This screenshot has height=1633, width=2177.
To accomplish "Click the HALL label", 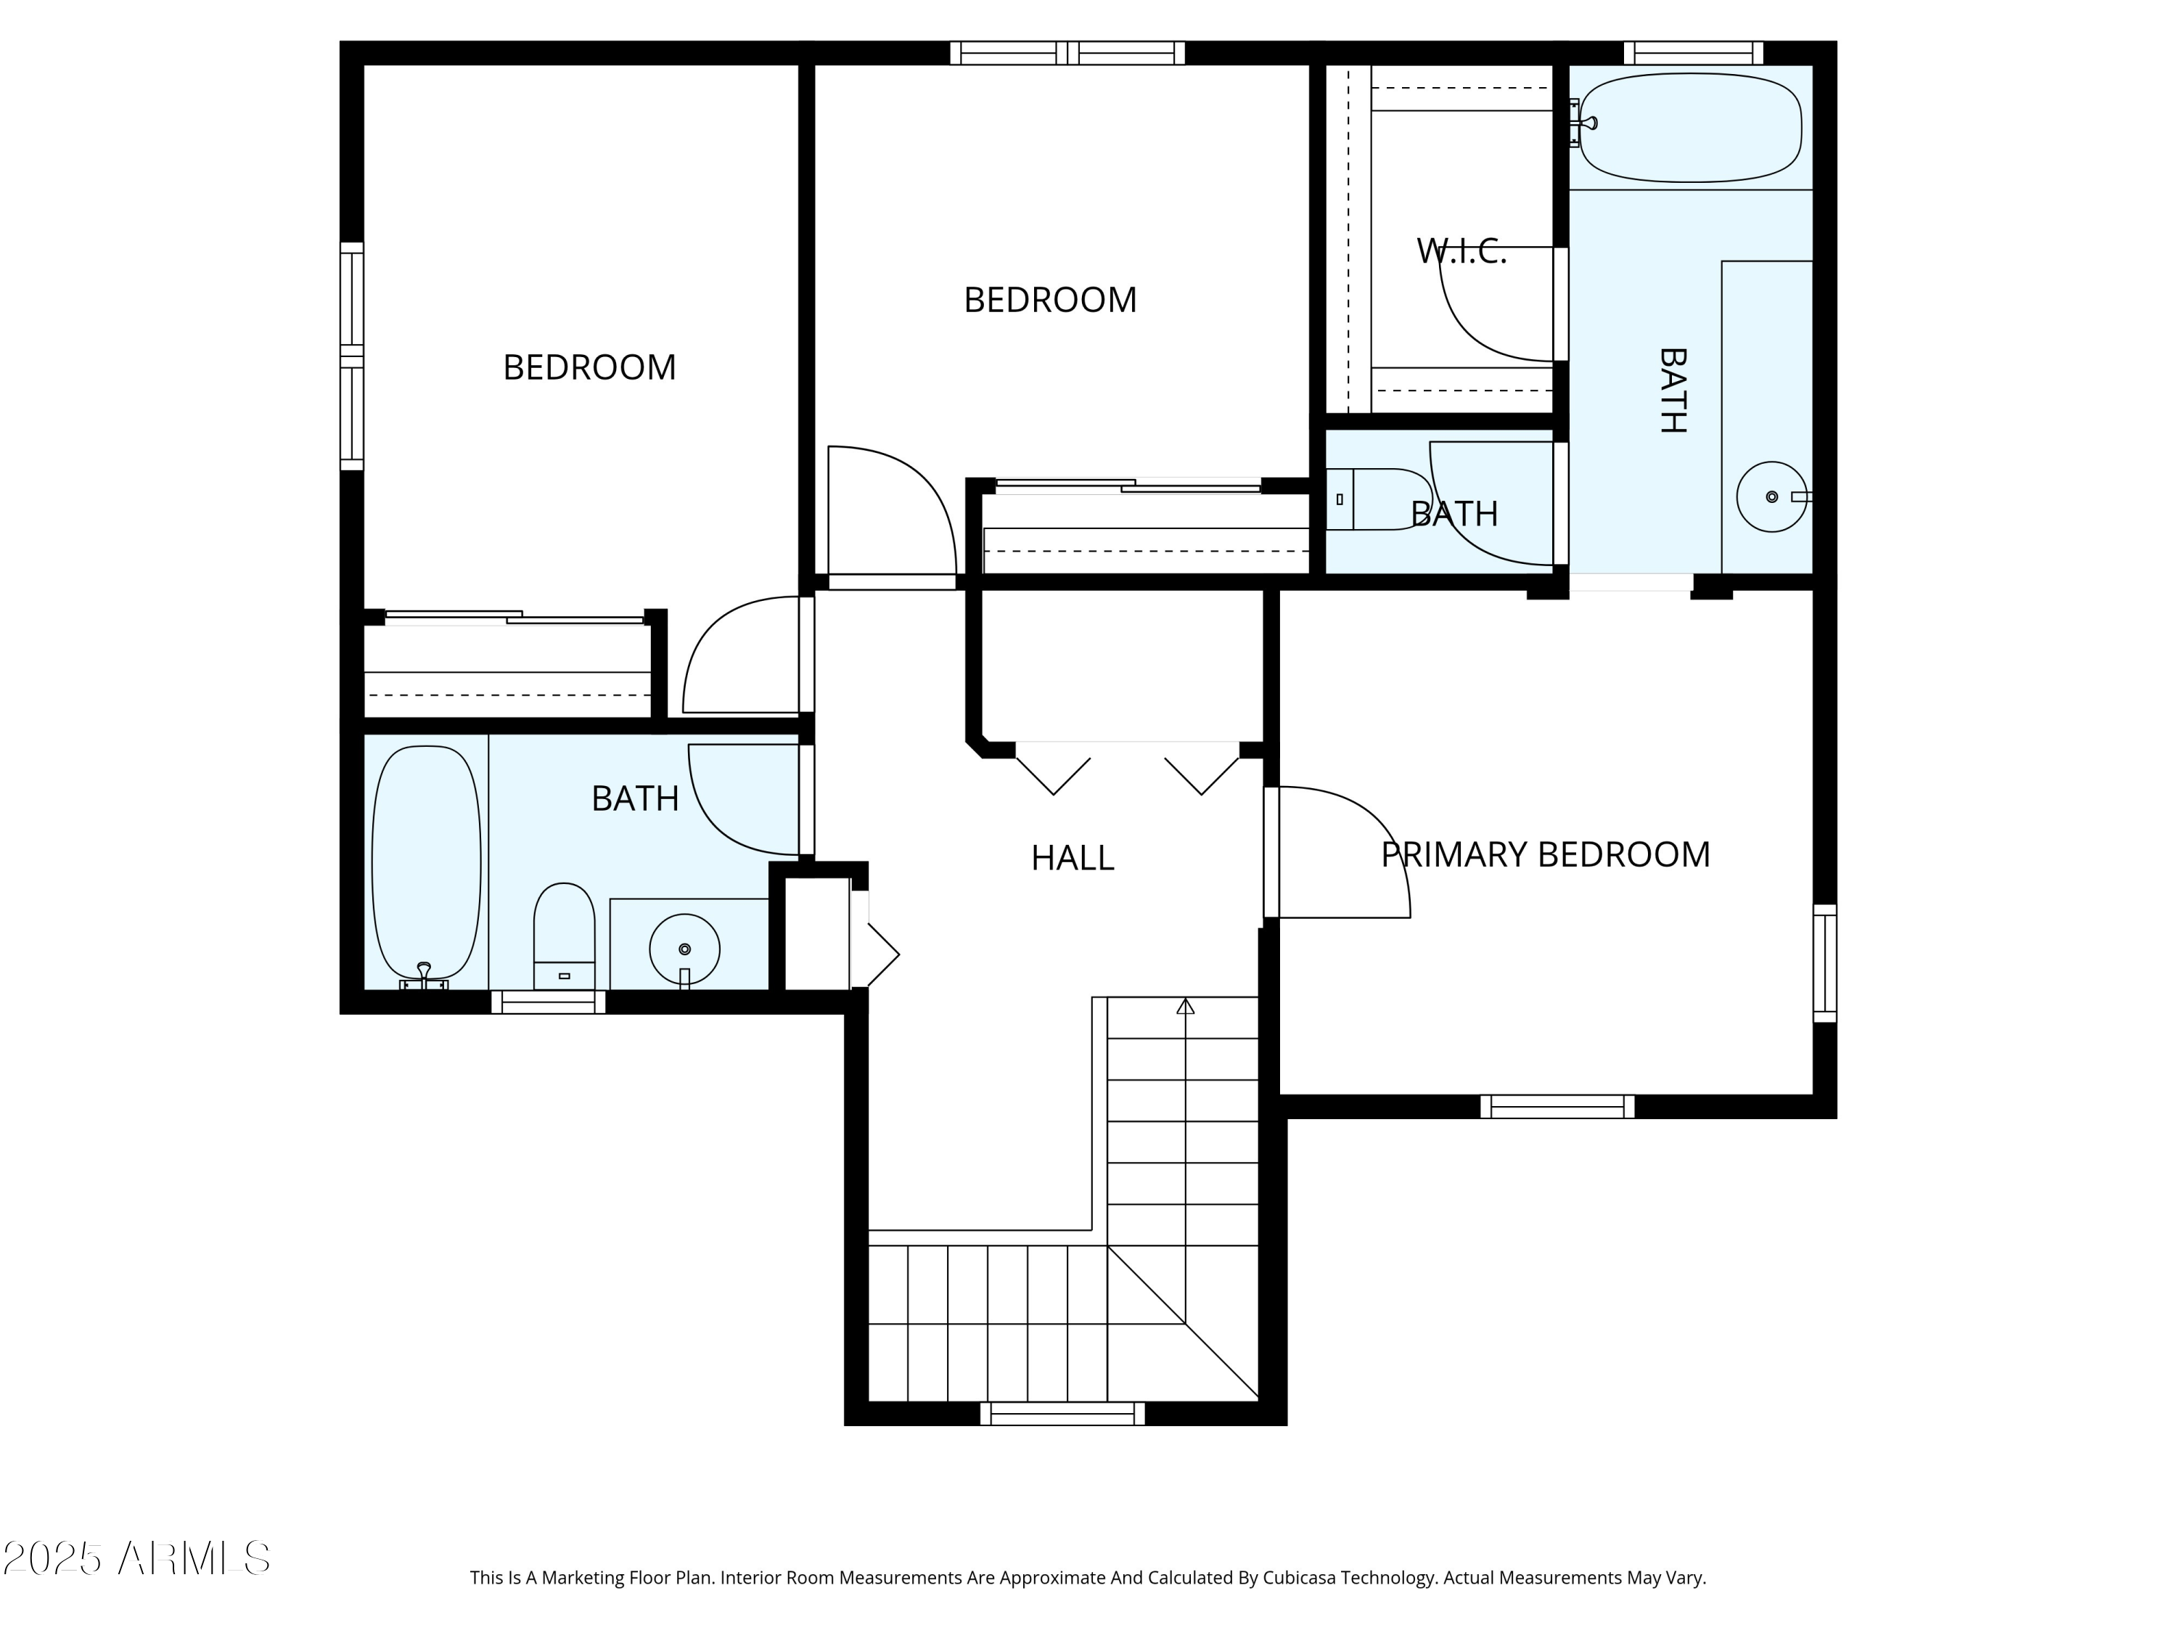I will click(1072, 859).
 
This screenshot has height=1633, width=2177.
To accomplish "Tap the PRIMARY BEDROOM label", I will click(1545, 854).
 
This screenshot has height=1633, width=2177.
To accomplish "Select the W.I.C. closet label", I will click(1461, 252).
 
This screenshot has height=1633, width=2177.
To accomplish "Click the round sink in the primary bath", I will click(1771, 497).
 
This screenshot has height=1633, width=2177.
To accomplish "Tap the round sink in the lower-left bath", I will click(684, 949).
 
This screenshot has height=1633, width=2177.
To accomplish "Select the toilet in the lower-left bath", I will click(564, 935).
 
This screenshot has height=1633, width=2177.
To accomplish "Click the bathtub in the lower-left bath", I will click(426, 861).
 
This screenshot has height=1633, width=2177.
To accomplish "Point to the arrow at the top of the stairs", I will click(1185, 1006).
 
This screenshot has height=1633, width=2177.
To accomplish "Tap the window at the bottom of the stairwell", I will click(1062, 1415).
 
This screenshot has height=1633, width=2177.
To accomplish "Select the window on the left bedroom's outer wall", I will click(351, 356).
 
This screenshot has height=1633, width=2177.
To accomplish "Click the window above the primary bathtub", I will click(1693, 53).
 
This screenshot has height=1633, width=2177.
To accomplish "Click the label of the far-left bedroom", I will click(589, 368).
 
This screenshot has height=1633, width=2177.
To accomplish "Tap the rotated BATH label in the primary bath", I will click(1672, 390).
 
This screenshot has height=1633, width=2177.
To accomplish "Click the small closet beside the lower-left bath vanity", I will click(816, 933).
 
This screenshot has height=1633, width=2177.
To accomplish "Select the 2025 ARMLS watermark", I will click(137, 1558).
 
